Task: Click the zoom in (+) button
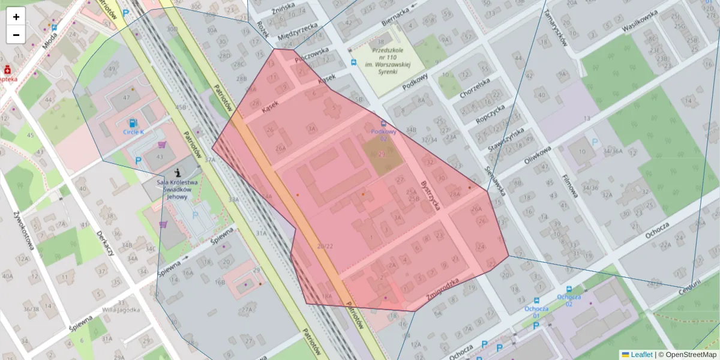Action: [16, 17]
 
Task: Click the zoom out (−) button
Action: [16, 35]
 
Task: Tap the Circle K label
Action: [134, 131]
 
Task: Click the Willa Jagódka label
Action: [121, 310]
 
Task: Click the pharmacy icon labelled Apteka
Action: [7, 70]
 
